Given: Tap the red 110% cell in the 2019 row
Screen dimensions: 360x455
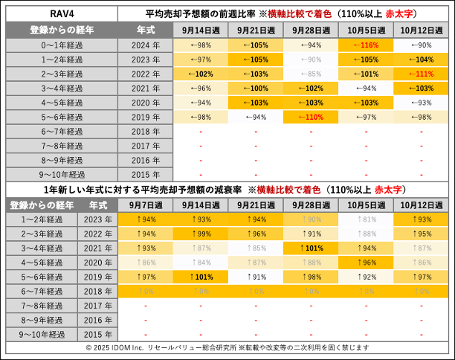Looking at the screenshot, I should (311, 118).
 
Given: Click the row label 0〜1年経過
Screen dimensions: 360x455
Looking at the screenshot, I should (42, 45).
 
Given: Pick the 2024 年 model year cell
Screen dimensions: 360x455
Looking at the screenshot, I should (145, 45).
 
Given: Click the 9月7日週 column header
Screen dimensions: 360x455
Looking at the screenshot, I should (146, 205).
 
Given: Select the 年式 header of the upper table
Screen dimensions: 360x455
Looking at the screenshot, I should (145, 30).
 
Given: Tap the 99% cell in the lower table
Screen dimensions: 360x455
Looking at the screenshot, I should (201, 234).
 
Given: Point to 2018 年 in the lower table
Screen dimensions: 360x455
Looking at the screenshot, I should (98, 292).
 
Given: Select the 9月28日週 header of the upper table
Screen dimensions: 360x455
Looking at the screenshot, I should (311, 30).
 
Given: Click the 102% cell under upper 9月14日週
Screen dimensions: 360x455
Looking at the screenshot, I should (201, 74).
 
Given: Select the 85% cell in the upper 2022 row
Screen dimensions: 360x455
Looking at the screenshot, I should (311, 74).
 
